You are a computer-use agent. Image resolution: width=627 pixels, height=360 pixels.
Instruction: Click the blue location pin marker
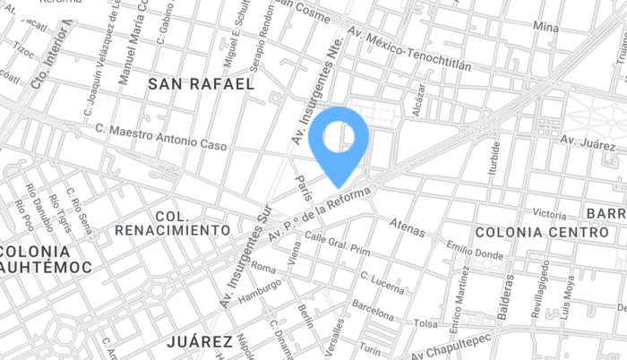click(339, 141)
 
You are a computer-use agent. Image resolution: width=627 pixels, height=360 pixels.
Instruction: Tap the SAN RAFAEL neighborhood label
click(201, 84)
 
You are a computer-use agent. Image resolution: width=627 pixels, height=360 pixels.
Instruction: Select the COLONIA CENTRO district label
click(529, 232)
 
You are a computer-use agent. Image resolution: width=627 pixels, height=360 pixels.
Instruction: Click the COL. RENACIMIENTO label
click(173, 224)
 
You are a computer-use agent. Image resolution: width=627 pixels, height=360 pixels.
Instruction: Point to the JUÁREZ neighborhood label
click(200, 341)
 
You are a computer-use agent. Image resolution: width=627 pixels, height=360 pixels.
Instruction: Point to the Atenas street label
click(408, 229)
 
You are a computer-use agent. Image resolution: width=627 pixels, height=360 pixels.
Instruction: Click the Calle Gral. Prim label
click(338, 243)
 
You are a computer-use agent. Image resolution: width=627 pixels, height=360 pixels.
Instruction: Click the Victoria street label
click(549, 214)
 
